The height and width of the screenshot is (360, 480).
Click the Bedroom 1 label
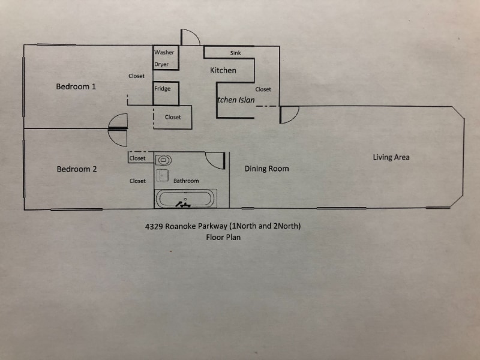tap(76, 86)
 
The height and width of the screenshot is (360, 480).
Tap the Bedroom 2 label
tap(77, 169)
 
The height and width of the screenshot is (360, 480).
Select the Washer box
tap(164, 52)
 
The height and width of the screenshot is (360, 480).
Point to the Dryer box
tap(162, 64)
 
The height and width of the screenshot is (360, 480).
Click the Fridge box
tap(163, 89)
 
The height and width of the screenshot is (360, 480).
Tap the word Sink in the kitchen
tap(235, 53)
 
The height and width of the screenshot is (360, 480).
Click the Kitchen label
tap(223, 70)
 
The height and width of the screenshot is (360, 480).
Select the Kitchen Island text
tap(236, 100)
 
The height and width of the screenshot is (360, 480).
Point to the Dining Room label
tap(266, 169)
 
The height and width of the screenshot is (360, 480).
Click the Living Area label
tap(391, 157)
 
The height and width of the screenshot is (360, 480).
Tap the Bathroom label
tap(186, 181)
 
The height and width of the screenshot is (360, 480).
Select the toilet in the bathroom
tap(163, 160)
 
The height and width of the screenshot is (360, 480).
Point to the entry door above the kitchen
tap(190, 37)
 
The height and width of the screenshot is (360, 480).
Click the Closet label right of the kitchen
tap(263, 89)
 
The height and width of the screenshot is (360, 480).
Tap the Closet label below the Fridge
tap(173, 117)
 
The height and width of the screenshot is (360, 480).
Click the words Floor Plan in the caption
tap(223, 237)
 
